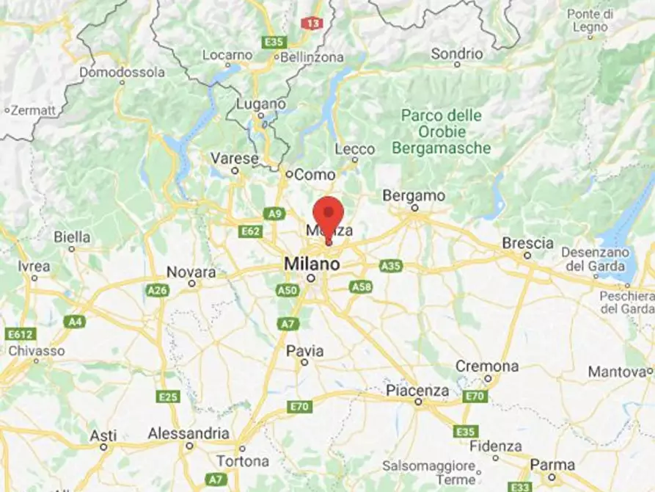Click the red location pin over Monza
coord(328,214)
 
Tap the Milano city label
coord(312,263)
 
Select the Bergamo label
coord(414,196)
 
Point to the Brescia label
coord(527,243)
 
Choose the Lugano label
coord(260,105)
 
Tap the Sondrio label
coord(457,54)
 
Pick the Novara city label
coord(191,272)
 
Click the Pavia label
coord(305,350)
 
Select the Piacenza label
coord(417,390)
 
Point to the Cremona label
coord(487,366)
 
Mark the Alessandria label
coord(189,433)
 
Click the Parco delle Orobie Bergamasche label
coord(441,131)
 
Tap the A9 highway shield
coord(274,214)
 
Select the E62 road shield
coord(250,231)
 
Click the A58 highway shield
coord(361,286)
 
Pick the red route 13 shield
coord(312,23)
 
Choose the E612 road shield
coord(20,334)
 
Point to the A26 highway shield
coord(158,290)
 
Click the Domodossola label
coord(122,73)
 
